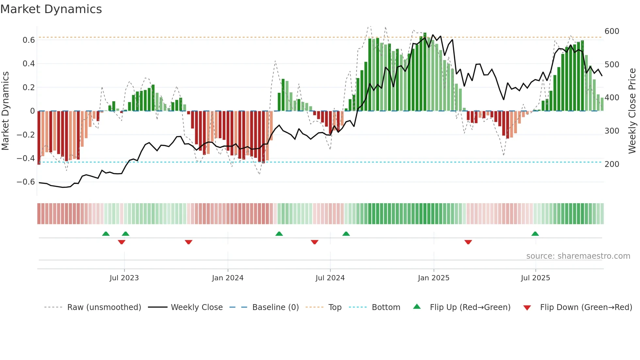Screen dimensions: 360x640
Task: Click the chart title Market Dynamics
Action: click(51, 9)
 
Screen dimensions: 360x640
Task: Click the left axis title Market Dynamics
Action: click(5, 111)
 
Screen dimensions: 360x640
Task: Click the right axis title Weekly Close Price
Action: click(632, 111)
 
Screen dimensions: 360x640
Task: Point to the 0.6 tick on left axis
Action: click(28, 40)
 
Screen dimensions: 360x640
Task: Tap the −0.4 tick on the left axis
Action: click(26, 158)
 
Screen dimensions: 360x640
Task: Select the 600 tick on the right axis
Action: click(612, 31)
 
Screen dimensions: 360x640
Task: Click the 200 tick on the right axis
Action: click(612, 164)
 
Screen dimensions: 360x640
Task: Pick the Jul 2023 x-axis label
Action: click(124, 278)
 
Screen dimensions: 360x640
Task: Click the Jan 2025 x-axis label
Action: click(434, 278)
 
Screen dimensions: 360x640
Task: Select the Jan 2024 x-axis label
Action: click(228, 278)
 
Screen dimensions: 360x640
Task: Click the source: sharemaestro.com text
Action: click(578, 256)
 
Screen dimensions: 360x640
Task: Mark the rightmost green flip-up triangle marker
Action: click(535, 234)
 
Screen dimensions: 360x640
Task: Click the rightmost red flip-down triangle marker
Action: click(468, 242)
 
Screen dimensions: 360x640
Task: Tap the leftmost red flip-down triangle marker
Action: click(121, 242)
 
